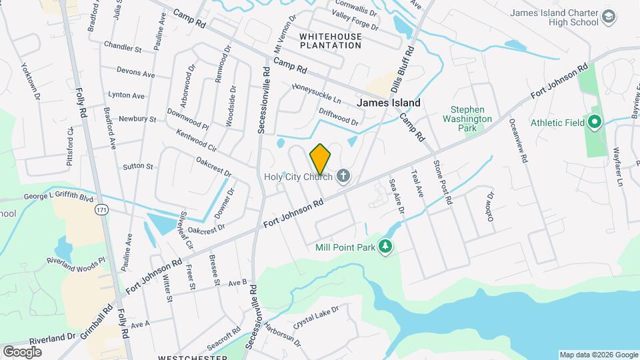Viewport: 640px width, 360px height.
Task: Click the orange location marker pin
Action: click(x=320, y=159)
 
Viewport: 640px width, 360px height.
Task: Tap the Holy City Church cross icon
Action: click(x=343, y=177)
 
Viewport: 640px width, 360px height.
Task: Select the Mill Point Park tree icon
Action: click(x=385, y=247)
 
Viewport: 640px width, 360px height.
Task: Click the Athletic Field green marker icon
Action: click(x=594, y=122)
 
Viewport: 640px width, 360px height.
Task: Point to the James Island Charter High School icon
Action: click(x=608, y=16)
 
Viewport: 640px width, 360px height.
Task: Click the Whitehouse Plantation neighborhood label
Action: click(x=330, y=41)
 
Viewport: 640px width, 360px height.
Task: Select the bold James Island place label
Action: click(x=389, y=103)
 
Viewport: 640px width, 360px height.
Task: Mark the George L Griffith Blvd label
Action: click(x=59, y=198)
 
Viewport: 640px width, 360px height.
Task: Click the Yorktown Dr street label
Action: click(x=31, y=82)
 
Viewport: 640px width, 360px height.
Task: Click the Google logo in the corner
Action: click(x=22, y=351)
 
